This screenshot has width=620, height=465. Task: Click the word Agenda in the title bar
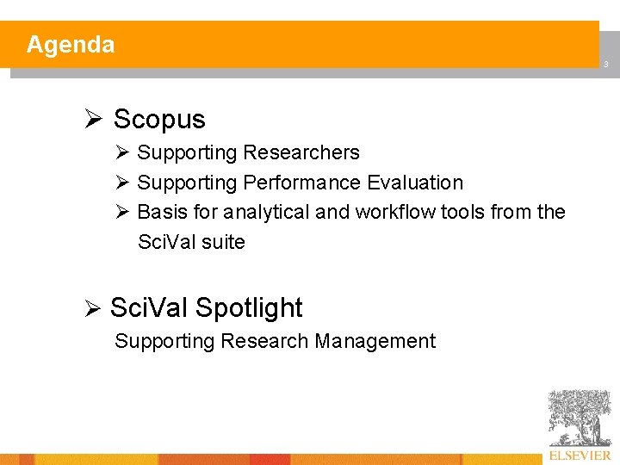point(70,45)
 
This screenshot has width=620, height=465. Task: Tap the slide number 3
point(605,65)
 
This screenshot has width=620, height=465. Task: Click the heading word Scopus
point(159,119)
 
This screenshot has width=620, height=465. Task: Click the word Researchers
point(301,153)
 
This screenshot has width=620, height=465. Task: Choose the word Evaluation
point(415,183)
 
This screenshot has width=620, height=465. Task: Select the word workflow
point(395,212)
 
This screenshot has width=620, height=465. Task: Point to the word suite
point(223,243)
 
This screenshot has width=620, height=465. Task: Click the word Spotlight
point(249,308)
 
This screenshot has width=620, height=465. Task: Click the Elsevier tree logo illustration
point(579,418)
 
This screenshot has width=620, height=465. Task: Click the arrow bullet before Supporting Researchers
point(121,153)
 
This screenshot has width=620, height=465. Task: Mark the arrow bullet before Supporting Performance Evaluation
point(121,183)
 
